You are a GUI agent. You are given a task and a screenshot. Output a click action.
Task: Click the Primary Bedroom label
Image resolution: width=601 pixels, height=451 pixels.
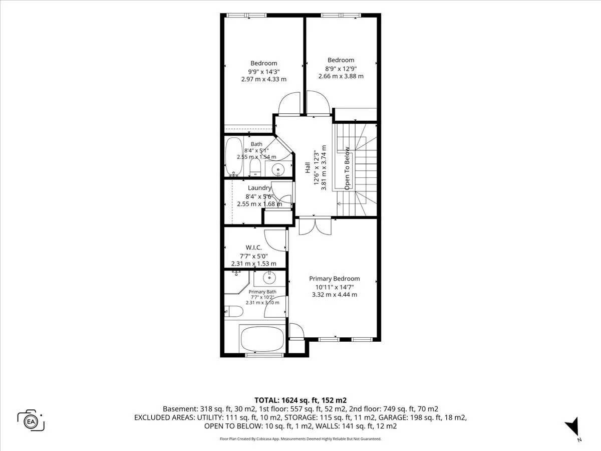335,279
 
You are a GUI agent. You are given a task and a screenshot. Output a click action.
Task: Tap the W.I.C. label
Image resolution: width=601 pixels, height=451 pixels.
253,248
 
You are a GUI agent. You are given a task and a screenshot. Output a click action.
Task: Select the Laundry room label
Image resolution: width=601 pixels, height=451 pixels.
259,188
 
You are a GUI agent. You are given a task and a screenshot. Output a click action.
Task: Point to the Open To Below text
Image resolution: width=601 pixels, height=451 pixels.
347,168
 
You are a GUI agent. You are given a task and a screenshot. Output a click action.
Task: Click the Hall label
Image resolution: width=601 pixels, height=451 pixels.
308,167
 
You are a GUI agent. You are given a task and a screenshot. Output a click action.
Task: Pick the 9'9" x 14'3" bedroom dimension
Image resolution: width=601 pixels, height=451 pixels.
264,72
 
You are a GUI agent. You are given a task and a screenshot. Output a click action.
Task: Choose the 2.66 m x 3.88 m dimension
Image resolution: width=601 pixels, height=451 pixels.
341,76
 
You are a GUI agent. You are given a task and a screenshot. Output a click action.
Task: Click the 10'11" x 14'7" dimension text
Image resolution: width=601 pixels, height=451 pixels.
335,287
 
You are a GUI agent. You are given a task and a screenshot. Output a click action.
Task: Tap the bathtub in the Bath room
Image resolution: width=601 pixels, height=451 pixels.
233,156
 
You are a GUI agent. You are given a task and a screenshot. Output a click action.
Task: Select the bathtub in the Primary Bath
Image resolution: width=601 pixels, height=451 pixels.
262,340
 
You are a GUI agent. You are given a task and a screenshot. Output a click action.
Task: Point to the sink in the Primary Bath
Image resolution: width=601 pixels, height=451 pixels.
269,278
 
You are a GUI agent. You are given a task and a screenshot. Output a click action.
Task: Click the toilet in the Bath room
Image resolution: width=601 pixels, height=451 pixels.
255,167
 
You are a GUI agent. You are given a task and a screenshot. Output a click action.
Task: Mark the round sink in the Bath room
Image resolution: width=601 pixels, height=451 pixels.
278,169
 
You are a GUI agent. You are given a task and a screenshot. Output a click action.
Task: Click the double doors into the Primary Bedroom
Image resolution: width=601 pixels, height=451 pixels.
315,226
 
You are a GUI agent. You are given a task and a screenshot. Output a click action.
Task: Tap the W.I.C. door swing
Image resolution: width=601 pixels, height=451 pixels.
275,240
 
